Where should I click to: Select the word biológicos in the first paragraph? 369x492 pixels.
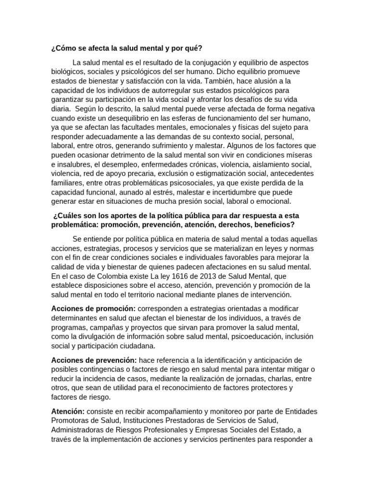[69, 72]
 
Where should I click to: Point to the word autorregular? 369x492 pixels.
[164, 90]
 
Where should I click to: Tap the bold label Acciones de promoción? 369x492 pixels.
[93, 308]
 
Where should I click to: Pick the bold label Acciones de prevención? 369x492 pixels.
[94, 360]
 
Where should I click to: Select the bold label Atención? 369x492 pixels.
[68, 411]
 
